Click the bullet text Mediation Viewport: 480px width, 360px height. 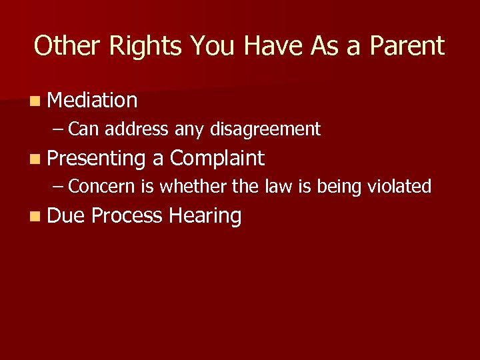coord(93,100)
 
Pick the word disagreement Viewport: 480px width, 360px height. coord(265,129)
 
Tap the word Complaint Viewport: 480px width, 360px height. coord(217,158)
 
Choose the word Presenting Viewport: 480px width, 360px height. coord(97,159)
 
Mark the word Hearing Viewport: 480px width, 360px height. coord(205,216)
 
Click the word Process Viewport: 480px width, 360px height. coord(127,215)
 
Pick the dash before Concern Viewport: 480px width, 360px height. coord(59,187)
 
